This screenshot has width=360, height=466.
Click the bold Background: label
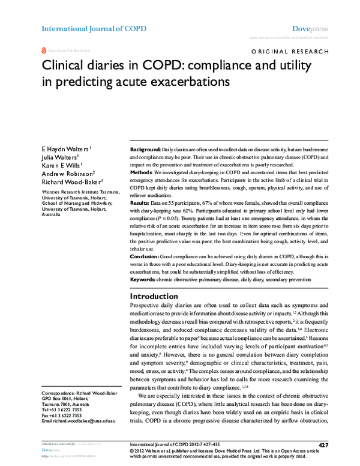pyautogui.click(x=145, y=148)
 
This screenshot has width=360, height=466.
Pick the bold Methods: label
pyautogui.click(x=142, y=171)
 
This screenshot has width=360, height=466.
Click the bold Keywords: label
pyautogui.click(x=144, y=279)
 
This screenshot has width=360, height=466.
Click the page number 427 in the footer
pyautogui.click(x=322, y=444)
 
